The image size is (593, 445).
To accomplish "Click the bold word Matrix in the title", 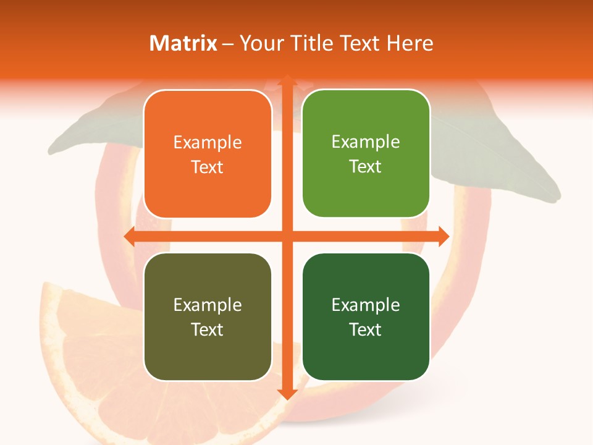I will [x=183, y=43].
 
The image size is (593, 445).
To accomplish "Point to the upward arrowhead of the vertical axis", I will [x=287, y=80].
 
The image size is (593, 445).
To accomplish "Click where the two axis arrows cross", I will [x=287, y=236].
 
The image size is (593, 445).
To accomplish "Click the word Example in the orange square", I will [x=208, y=143].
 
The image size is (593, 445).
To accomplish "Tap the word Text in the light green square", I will [x=366, y=166].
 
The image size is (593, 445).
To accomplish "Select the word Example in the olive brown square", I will [x=208, y=305].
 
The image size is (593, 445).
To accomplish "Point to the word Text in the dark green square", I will [x=366, y=329].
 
